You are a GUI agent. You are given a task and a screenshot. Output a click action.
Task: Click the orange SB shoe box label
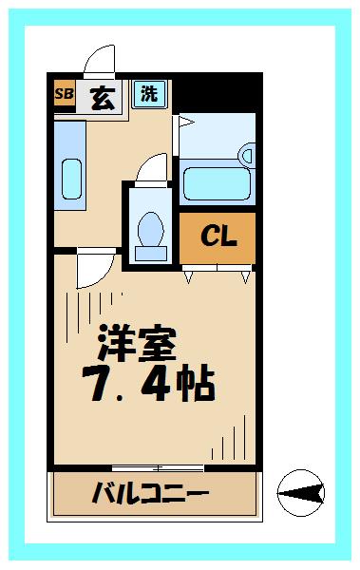click(x=64, y=94)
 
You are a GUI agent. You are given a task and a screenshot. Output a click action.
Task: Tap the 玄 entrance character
click(x=103, y=96)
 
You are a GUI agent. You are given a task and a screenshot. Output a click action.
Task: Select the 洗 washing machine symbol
click(x=149, y=93)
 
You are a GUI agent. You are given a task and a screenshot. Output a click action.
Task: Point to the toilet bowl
click(x=149, y=228)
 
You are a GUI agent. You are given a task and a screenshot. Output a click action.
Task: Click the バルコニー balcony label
click(x=150, y=494)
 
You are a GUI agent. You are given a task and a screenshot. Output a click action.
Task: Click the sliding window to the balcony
click(x=158, y=467)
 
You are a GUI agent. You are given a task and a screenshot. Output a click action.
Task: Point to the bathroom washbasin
click(x=248, y=154)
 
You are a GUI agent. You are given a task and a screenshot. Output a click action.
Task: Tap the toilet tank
click(x=150, y=250)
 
